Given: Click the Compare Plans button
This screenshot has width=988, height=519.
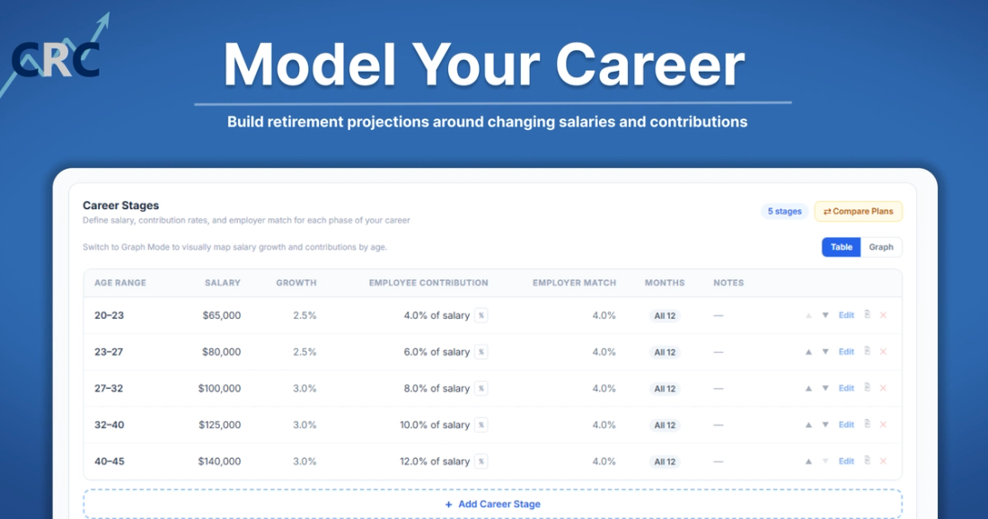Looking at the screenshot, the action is point(858,212).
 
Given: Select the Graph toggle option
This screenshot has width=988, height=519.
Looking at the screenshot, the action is point(881,247).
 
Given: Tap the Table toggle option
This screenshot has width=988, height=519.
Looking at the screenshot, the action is point(842,247).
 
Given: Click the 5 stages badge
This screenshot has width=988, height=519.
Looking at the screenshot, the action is point(784,212).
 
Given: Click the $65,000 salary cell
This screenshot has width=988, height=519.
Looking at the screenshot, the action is point(221,315).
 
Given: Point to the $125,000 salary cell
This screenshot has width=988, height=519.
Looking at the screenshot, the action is point(219,425).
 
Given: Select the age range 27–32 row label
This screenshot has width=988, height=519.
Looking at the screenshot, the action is point(109,389).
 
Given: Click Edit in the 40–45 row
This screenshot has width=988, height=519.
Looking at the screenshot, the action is point(846,461).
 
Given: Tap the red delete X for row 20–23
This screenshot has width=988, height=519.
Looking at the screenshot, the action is point(884,315).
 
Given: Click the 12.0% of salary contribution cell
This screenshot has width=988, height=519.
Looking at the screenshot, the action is point(434,462).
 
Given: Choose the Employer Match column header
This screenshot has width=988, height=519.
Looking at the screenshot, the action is point(574,283).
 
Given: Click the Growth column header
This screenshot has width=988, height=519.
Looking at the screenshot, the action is point(296,283).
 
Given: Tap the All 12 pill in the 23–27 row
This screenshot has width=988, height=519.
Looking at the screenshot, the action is point(665,352).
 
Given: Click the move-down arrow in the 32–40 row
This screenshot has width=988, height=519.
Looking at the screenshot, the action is point(825,425).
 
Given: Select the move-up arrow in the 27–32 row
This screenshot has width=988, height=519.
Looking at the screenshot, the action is point(808,389).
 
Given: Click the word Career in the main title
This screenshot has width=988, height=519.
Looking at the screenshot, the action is point(649,65).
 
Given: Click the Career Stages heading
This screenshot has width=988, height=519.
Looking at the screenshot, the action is point(120,206).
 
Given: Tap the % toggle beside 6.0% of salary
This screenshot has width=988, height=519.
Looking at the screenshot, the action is point(481,352).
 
